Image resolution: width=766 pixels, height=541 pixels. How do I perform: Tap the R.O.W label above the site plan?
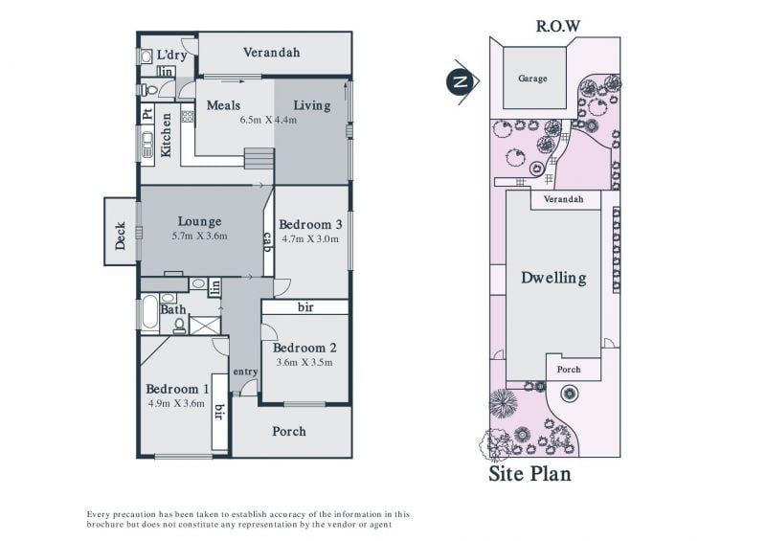pyautogui.click(x=557, y=26)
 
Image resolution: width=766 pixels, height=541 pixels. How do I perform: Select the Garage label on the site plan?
pyautogui.click(x=532, y=79)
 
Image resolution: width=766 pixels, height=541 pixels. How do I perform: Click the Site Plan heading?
pyautogui.click(x=529, y=474)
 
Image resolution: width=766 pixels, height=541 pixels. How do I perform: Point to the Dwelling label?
pyautogui.click(x=553, y=278)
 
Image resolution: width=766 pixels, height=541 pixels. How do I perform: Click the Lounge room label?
pyautogui.click(x=199, y=222)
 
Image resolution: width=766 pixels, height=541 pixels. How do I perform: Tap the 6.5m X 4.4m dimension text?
pyautogui.click(x=268, y=120)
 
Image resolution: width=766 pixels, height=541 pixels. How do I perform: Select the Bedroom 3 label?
pyautogui.click(x=310, y=224)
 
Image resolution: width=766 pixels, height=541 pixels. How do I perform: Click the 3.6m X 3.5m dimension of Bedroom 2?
pyautogui.click(x=304, y=362)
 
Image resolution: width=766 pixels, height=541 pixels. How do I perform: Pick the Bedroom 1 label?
pyautogui.click(x=177, y=389)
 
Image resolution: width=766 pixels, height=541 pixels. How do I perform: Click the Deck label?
pyautogui.click(x=121, y=237)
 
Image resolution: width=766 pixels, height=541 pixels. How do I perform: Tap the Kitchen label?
pyautogui.click(x=166, y=135)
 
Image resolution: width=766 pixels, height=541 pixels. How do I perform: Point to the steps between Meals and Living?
pyautogui.click(x=259, y=158)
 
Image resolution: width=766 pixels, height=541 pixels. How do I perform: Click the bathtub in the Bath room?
pyautogui.click(x=149, y=312)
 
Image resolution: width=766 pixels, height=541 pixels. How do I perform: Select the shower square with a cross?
pyautogui.click(x=205, y=326)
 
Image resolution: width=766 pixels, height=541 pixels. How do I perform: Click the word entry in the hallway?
pyautogui.click(x=245, y=372)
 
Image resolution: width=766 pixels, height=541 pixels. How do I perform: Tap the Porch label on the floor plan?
pyautogui.click(x=289, y=431)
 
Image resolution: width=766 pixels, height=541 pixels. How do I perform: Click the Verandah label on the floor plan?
pyautogui.click(x=272, y=53)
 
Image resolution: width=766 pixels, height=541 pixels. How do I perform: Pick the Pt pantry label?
pyautogui.click(x=147, y=115)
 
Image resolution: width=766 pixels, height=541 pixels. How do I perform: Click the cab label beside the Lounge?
pyautogui.click(x=268, y=242)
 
